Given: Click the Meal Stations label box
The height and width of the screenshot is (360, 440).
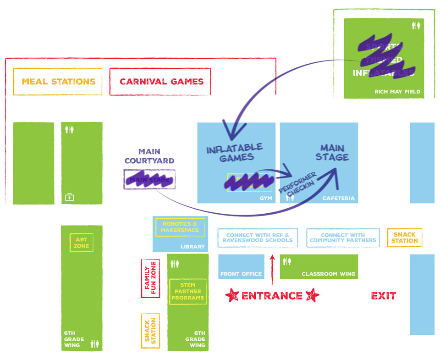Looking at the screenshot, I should (x=58, y=82).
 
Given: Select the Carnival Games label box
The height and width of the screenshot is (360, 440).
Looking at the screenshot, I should (x=160, y=82).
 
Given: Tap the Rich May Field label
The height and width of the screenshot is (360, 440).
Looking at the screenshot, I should (x=397, y=92).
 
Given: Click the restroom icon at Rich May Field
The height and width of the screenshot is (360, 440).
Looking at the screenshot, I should (x=416, y=25).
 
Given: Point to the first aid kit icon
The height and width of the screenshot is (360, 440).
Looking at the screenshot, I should (x=69, y=197).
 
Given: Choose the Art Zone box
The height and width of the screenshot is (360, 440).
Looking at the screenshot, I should (x=82, y=243).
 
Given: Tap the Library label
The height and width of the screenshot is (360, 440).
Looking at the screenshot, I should (x=192, y=247).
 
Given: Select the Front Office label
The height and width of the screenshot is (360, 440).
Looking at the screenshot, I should (x=241, y=274).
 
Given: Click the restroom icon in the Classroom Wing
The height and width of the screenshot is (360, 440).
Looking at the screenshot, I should (x=287, y=261).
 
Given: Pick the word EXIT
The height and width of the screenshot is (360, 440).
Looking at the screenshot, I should (x=383, y=296).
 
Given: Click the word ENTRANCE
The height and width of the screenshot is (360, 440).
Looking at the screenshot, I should (x=272, y=296).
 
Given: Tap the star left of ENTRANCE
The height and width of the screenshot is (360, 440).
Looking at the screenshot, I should (x=232, y=296).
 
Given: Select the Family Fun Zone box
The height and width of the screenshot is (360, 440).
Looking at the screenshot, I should (x=150, y=278).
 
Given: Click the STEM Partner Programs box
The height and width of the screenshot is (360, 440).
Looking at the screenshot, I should (x=187, y=292).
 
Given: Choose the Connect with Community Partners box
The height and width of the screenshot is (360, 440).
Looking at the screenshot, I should (x=343, y=238).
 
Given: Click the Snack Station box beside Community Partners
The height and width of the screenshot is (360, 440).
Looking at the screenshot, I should (x=404, y=238).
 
